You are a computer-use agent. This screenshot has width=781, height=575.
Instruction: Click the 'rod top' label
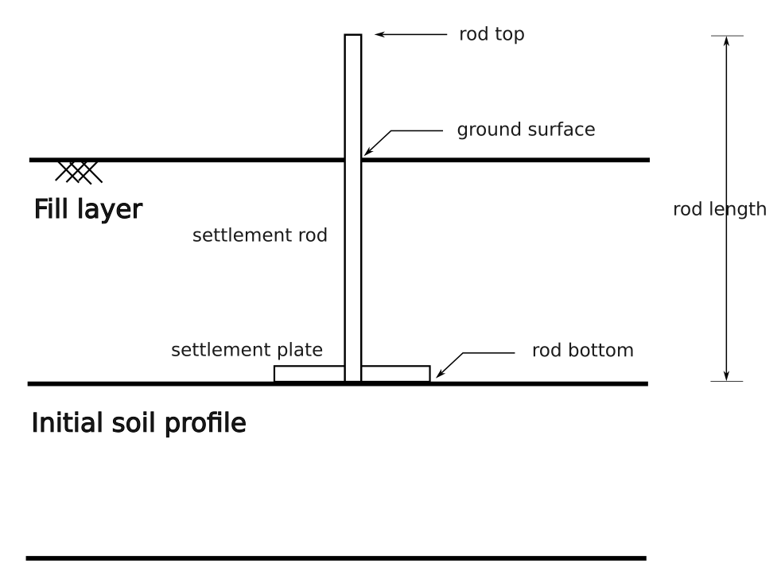pos(492,35)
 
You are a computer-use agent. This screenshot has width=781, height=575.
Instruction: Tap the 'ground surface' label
pos(525,130)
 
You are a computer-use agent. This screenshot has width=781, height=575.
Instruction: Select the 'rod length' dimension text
pos(719,209)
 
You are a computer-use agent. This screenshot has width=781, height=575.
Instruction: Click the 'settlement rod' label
pos(259,236)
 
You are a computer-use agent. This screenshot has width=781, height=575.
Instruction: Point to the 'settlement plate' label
pos(247,350)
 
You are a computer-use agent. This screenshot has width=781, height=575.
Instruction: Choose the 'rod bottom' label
pos(582,351)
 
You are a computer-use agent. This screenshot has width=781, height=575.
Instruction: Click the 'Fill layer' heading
pos(87,210)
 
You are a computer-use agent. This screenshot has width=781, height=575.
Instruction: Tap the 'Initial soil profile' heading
pos(138,423)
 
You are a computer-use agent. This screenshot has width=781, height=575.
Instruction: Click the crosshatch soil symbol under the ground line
pos(78,171)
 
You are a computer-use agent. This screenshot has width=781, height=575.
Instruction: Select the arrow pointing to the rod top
pos(410,35)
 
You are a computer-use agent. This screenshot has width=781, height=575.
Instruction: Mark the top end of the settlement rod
pos(352,37)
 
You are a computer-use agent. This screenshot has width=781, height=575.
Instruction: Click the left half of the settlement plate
pos(309,373)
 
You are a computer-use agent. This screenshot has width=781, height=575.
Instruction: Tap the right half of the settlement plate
pos(395,373)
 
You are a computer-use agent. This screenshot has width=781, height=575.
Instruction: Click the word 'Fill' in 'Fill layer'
pos(52,210)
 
